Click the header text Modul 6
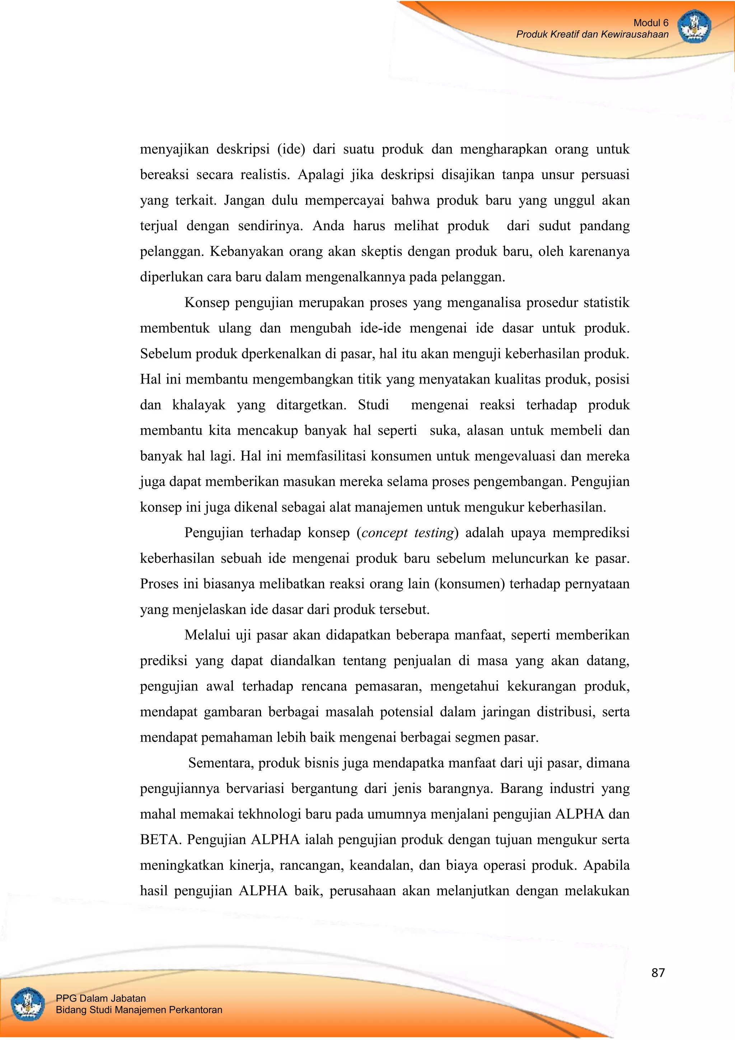pyautogui.click(x=650, y=23)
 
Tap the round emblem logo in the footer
pyautogui.click(x=27, y=1004)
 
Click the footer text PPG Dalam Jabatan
pyautogui.click(x=100, y=998)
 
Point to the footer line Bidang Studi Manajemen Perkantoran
pyautogui.click(x=139, y=1009)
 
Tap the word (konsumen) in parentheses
pyautogui.click(x=469, y=584)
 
